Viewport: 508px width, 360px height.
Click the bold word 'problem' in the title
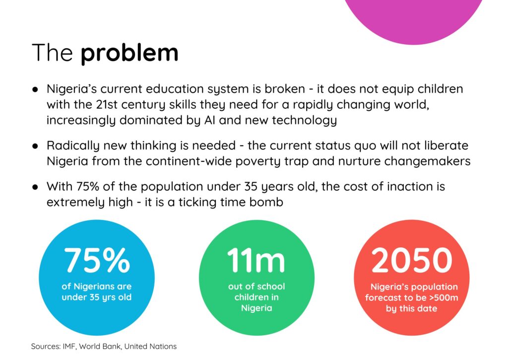click(129, 53)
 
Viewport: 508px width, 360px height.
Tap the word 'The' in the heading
click(52, 52)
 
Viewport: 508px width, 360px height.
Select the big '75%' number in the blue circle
click(97, 260)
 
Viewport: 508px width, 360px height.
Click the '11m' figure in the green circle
click(256, 260)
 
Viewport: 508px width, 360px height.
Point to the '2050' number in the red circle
click(411, 260)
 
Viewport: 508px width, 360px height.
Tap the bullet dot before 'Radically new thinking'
click(35, 145)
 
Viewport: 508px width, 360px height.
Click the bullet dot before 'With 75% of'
click(35, 187)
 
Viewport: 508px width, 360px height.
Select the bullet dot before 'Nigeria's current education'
click(35, 89)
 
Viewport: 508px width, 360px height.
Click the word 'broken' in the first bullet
click(285, 89)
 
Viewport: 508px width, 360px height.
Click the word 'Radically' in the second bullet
click(72, 146)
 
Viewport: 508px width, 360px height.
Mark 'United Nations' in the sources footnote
click(150, 347)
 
